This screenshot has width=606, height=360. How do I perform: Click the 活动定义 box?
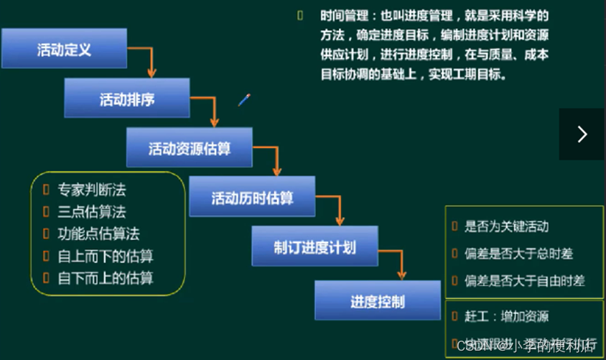pos(64,49)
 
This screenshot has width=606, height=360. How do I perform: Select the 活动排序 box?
pos(126,98)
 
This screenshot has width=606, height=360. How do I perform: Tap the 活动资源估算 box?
pos(189,148)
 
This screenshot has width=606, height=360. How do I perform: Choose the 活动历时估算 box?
pos(252,197)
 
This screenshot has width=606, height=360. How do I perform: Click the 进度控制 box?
pos(377,300)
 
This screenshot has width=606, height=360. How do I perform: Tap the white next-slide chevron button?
pos(582,134)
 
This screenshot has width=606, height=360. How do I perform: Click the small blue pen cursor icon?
pos(244,100)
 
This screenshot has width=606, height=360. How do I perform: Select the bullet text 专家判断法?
pos(92,190)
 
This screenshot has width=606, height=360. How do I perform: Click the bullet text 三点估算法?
pos(92,212)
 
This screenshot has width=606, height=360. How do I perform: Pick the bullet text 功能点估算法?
pos(98,234)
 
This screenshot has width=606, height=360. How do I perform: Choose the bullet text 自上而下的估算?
pos(105,256)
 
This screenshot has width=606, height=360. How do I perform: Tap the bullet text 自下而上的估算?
pos(105,277)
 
